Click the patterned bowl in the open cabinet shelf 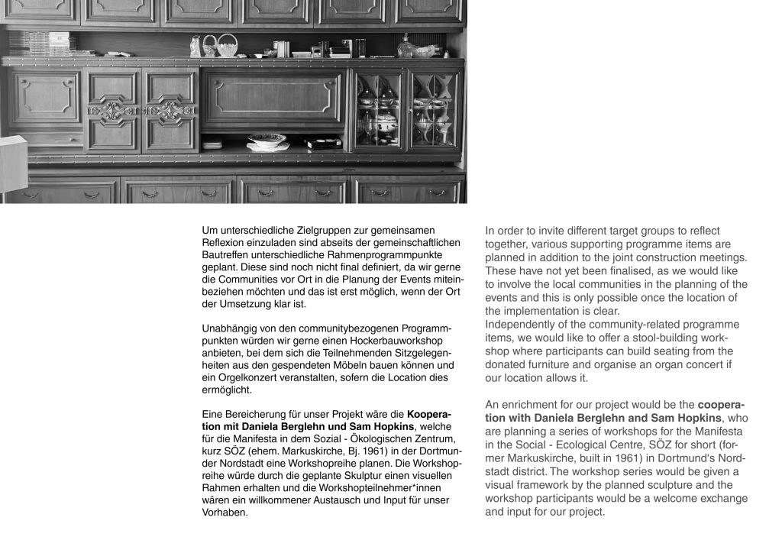pos(267,140)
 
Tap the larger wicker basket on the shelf pos(227,47)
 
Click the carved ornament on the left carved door pos(111,112)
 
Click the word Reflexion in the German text pos(225,242)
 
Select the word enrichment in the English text pos(533,405)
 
